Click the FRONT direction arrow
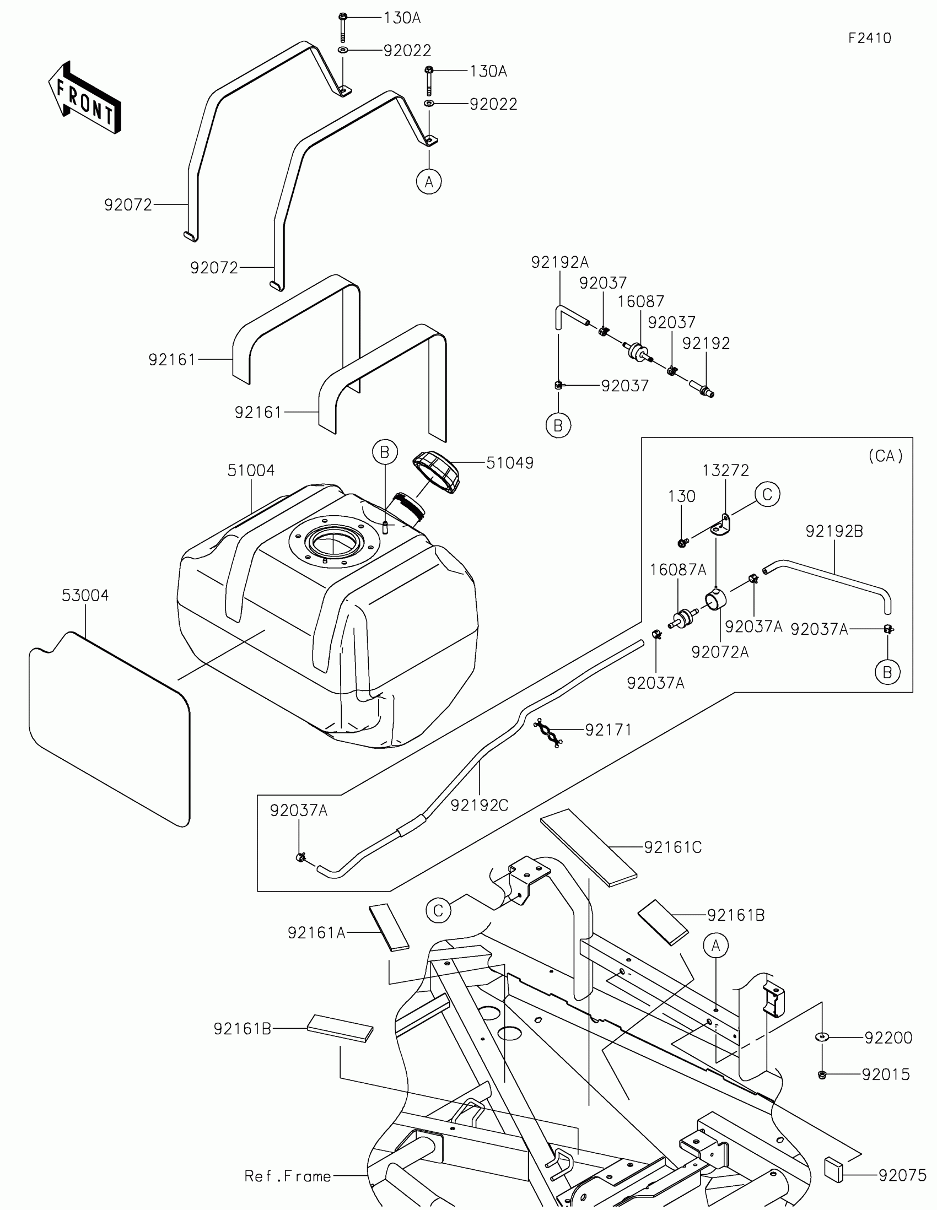click(84, 98)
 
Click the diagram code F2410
click(869, 38)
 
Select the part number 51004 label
click(250, 471)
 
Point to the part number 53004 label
click(85, 596)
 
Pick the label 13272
click(725, 471)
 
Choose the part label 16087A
click(678, 570)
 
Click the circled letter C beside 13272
click(767, 494)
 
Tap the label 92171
click(608, 730)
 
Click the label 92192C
click(480, 806)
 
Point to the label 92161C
click(672, 847)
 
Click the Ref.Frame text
click(288, 1176)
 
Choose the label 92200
click(888, 1038)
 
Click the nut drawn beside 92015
click(822, 1075)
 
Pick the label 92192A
click(559, 262)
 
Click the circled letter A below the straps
click(429, 181)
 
